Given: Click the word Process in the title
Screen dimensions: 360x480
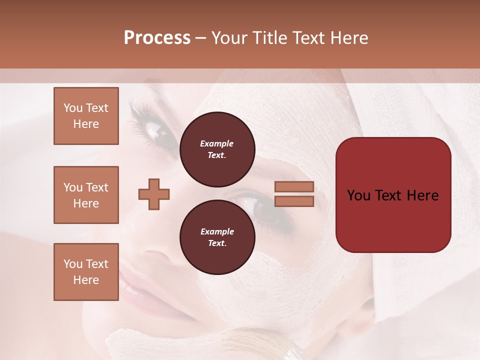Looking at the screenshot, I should (157, 38).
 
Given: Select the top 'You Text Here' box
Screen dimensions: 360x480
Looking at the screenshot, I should (86, 116).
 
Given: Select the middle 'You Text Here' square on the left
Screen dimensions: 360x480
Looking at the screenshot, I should (86, 195).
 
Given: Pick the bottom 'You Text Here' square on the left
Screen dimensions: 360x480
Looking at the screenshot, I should (86, 271).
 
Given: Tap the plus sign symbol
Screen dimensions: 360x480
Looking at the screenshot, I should (154, 194).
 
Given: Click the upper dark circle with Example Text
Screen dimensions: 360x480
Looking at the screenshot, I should (217, 149).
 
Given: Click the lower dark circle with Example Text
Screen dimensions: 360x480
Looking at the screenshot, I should (217, 237).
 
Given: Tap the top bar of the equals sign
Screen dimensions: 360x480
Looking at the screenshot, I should (294, 187).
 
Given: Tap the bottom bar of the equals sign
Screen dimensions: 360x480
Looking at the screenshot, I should (294, 201).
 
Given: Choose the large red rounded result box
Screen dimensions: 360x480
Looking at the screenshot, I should (393, 194).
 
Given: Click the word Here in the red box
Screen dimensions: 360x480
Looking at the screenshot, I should (422, 195).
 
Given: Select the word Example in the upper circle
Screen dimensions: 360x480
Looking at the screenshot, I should (217, 143).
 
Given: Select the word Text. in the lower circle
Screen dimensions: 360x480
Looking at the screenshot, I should (217, 243).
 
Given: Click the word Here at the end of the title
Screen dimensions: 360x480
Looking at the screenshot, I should (349, 38).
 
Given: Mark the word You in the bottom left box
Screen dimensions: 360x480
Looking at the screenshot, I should (73, 264).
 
